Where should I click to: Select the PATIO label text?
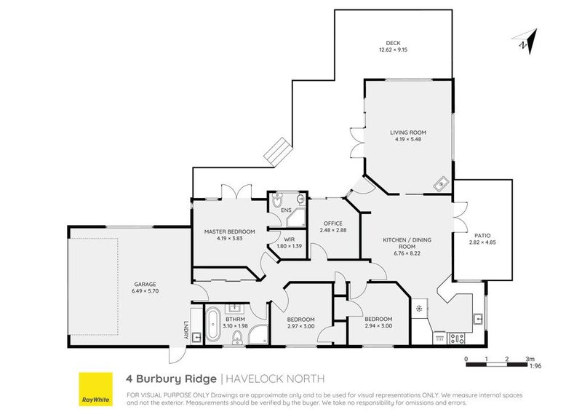[481, 235]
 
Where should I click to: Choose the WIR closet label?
[289, 238]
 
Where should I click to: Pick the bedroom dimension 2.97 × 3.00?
[300, 325]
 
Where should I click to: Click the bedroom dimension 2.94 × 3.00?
[378, 325]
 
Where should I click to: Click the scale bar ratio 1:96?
[536, 366]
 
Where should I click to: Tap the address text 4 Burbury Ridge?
[171, 379]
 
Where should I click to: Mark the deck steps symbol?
[277, 151]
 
